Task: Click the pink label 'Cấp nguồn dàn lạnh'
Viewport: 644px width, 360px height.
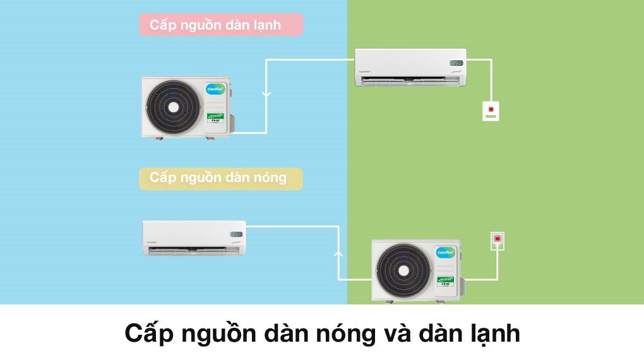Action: tap(220, 25)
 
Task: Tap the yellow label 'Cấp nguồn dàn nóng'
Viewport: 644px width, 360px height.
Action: tap(220, 178)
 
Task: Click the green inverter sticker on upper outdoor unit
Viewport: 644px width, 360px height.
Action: tap(217, 119)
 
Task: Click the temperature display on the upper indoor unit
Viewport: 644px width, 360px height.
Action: tap(456, 63)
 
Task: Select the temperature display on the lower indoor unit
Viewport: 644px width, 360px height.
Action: tap(236, 234)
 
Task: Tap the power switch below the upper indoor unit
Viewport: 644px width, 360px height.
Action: tap(490, 111)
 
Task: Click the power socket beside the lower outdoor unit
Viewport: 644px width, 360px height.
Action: tap(498, 240)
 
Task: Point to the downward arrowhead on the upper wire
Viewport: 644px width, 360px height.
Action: tap(266, 95)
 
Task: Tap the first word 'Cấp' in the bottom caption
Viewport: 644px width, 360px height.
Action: tap(148, 333)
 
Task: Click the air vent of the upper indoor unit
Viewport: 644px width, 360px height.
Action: tap(410, 81)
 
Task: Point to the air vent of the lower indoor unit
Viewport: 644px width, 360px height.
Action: tap(194, 251)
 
